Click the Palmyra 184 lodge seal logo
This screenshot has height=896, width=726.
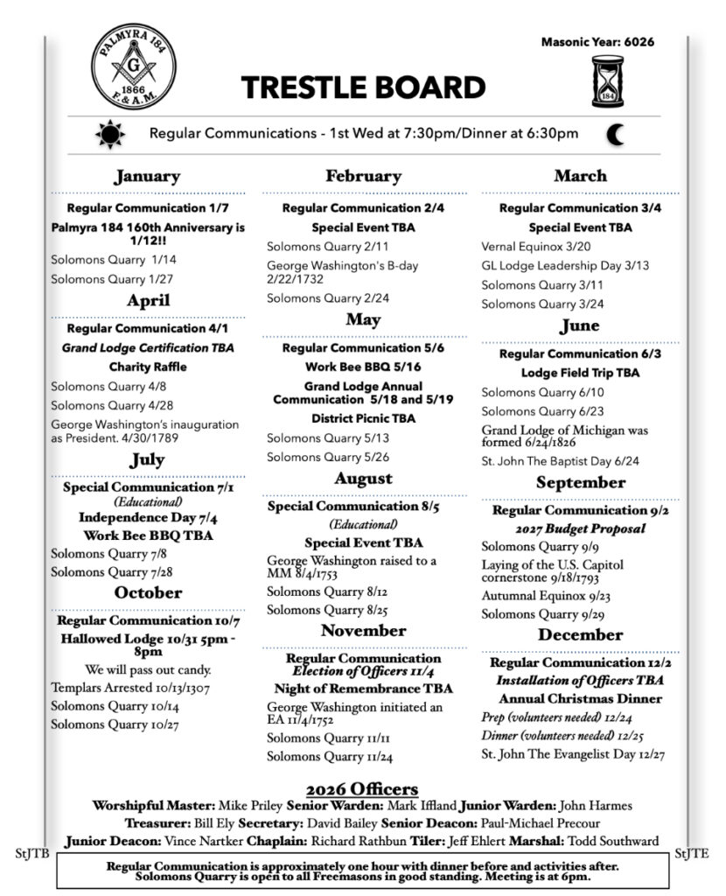tap(134, 67)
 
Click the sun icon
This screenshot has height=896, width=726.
tap(111, 134)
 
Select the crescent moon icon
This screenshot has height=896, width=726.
tap(618, 134)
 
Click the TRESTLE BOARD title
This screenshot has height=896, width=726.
tap(363, 87)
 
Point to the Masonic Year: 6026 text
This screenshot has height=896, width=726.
tap(597, 41)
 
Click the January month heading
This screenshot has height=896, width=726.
tap(147, 177)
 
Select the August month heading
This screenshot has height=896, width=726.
tap(363, 479)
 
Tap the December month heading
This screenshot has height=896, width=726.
tap(580, 634)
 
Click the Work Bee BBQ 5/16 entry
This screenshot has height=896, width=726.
tap(363, 367)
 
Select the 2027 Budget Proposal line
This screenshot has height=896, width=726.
tap(580, 528)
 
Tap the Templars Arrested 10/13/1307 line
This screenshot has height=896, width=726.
tap(130, 688)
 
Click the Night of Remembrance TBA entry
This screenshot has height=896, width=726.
tap(363, 689)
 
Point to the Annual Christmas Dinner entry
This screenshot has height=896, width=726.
tap(580, 699)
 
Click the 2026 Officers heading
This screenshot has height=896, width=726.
tap(362, 789)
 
